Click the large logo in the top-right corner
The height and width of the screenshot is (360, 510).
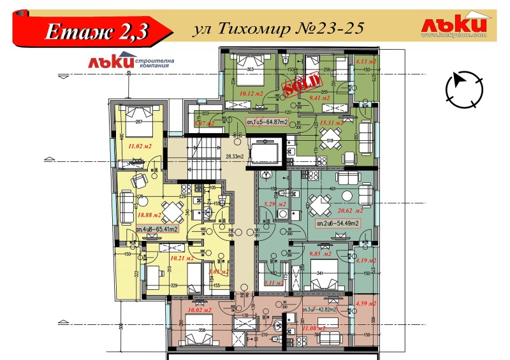pyautogui.click(x=454, y=26)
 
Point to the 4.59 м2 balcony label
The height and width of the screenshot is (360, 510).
pyautogui.click(x=366, y=303)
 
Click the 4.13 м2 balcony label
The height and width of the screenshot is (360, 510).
pyautogui.click(x=366, y=61)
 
